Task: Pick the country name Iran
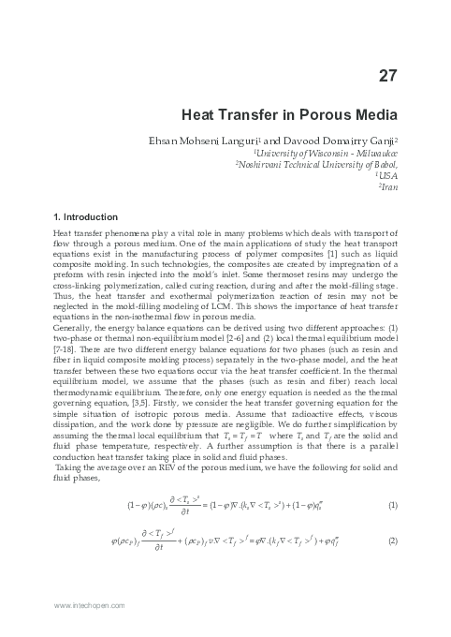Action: click(x=390, y=186)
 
